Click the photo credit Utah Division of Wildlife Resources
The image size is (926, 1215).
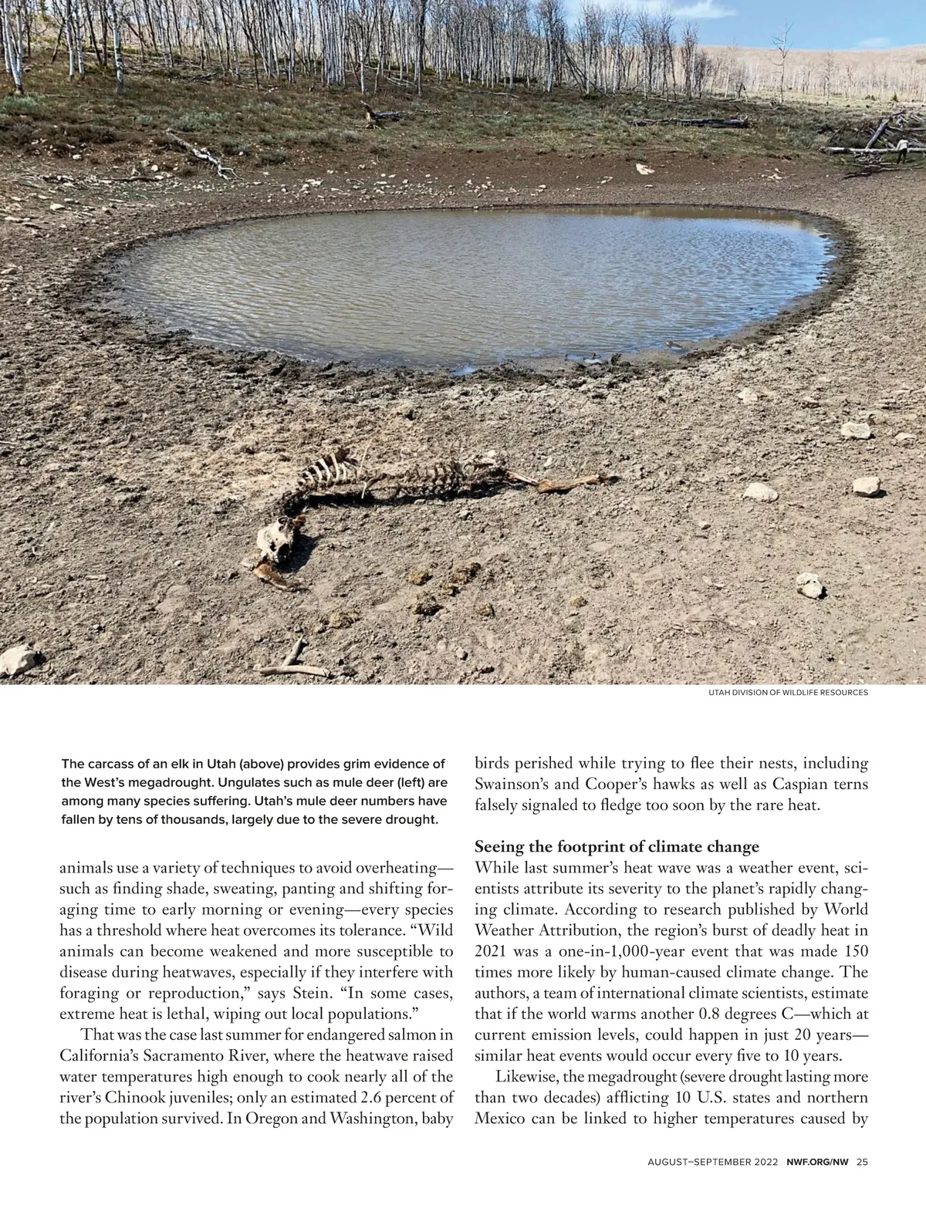click(788, 693)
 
